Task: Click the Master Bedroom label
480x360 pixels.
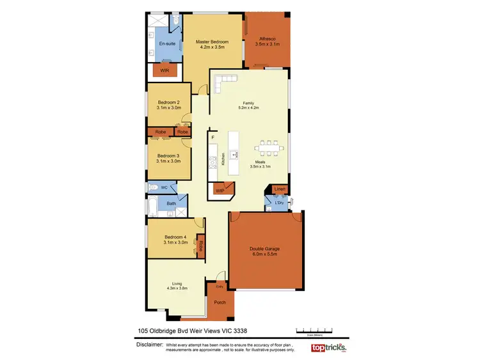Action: pyautogui.click(x=212, y=42)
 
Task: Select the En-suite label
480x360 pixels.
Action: pyautogui.click(x=167, y=43)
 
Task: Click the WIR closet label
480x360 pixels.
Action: pyautogui.click(x=164, y=70)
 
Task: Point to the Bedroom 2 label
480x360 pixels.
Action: pyautogui.click(x=169, y=102)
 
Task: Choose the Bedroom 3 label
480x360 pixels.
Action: pyautogui.click(x=169, y=155)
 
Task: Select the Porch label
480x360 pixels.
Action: pyautogui.click(x=220, y=302)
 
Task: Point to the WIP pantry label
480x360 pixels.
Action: pyautogui.click(x=220, y=190)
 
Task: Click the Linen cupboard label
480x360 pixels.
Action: pyautogui.click(x=278, y=189)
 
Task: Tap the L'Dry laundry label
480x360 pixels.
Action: pyautogui.click(x=278, y=203)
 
